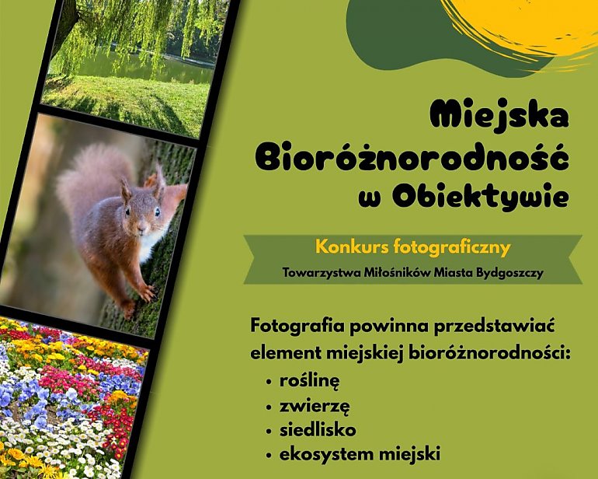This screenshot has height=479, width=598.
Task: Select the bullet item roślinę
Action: [311, 382]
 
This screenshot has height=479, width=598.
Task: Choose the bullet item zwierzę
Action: [315, 405]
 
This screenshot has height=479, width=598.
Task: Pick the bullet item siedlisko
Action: [317, 428]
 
